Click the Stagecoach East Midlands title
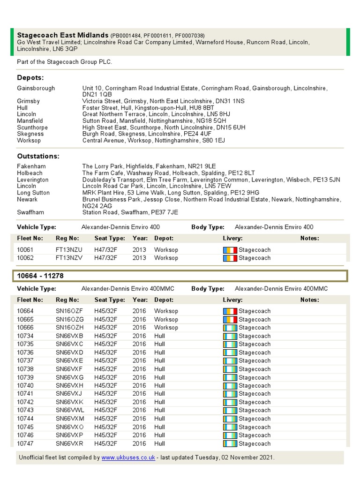pyautogui.click(x=62, y=35)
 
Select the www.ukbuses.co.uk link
pyautogui.click(x=128, y=457)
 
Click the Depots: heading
pyautogui.click(x=30, y=77)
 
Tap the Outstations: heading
pyautogui.click(x=38, y=156)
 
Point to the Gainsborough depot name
pyautogui.click(x=36, y=88)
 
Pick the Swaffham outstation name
pyautogui.click(x=31, y=212)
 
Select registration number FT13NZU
pyautogui.click(x=69, y=250)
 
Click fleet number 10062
pyautogui.click(x=25, y=258)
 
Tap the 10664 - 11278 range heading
pyautogui.click(x=40, y=276)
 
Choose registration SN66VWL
pyautogui.click(x=70, y=410)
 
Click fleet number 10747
pyautogui.click(x=25, y=443)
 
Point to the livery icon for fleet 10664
pyautogui.click(x=230, y=311)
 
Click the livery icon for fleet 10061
pyautogui.click(x=230, y=250)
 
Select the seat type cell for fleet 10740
pyautogui.click(x=105, y=385)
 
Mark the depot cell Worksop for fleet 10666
pyautogui.click(x=166, y=327)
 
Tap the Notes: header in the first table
pyautogui.click(x=309, y=238)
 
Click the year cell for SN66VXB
pyautogui.click(x=139, y=336)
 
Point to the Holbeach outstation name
pyautogui.click(x=30, y=173)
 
